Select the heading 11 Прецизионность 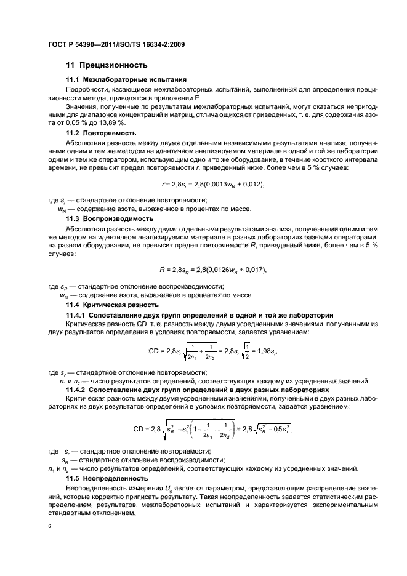107,65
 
